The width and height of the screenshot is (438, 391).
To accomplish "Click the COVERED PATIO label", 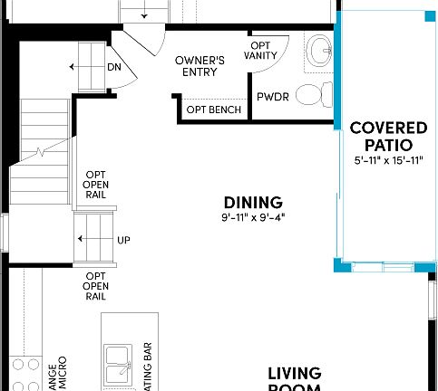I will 382,136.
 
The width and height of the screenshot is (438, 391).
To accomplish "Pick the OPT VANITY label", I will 261,50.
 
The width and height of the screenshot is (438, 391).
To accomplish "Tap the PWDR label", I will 272,96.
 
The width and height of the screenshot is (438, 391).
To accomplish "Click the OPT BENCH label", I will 213,110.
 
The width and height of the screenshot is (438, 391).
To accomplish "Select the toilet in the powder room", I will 311,92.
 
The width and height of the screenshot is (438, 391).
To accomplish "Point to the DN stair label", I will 114,67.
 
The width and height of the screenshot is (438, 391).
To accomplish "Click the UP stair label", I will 123,240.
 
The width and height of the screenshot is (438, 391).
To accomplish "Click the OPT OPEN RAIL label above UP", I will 97,185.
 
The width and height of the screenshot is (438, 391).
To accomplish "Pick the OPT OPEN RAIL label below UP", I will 97,285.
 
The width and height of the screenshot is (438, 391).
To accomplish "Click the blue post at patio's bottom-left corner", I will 339,264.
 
